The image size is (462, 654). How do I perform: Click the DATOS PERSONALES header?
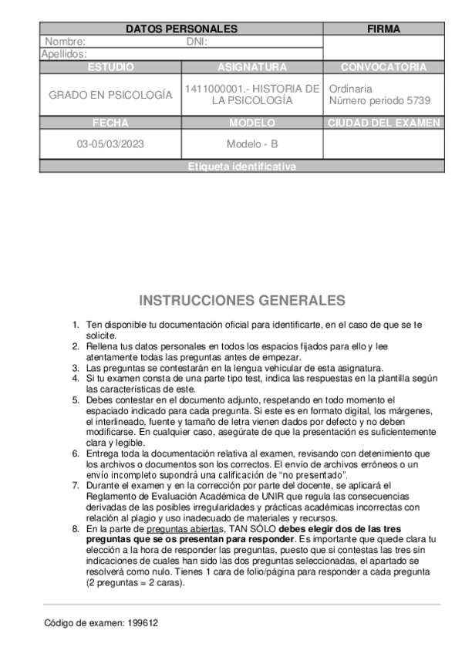click(181, 29)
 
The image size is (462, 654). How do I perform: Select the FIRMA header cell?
click(383, 29)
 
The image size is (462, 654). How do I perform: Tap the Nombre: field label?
click(65, 42)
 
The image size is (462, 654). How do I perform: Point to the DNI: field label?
click(197, 42)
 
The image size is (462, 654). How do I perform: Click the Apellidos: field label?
click(63, 54)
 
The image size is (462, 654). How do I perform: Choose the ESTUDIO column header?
click(110, 67)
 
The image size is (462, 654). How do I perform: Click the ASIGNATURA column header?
click(252, 67)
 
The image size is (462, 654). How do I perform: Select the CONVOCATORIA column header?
click(383, 67)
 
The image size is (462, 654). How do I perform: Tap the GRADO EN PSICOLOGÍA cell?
click(110, 95)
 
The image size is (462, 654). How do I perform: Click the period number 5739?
click(417, 101)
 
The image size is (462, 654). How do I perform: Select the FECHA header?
click(110, 123)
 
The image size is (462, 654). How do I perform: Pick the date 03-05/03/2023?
click(110, 144)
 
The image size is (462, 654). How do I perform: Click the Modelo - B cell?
click(252, 144)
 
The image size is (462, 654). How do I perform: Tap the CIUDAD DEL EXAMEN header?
click(383, 123)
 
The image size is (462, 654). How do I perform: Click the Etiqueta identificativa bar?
click(241, 167)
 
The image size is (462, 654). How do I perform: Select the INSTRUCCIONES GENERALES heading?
click(241, 301)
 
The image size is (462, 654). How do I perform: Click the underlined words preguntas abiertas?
click(184, 529)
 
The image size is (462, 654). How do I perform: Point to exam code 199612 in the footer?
click(144, 623)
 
